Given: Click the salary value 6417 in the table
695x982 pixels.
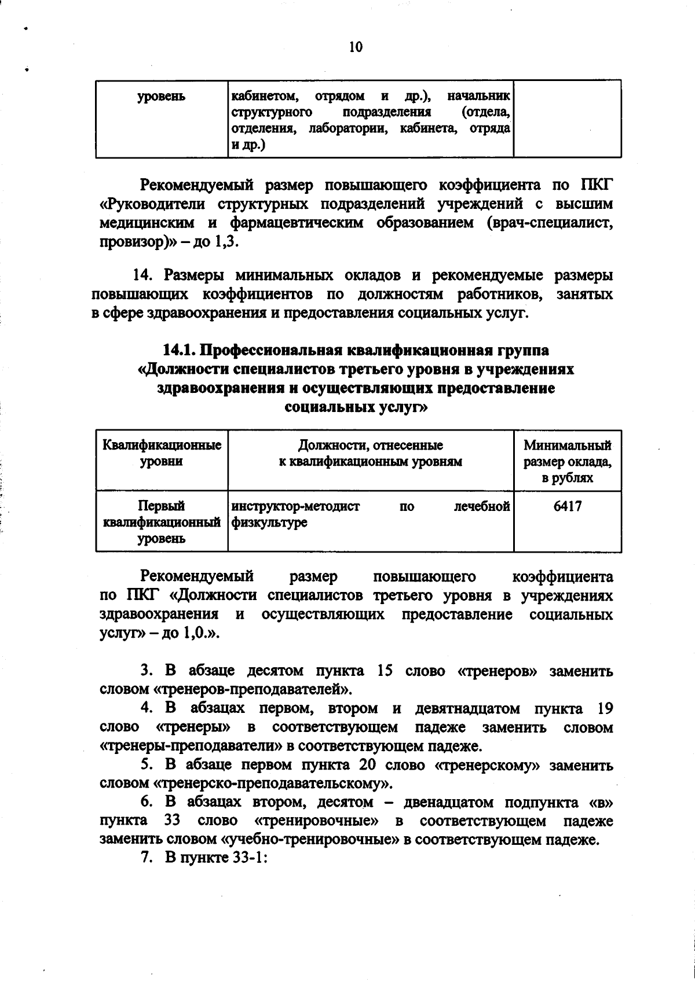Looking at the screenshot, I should [x=568, y=506].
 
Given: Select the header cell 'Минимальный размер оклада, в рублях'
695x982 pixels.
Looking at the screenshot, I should [x=568, y=461].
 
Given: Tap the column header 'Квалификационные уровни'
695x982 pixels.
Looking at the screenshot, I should [x=162, y=453].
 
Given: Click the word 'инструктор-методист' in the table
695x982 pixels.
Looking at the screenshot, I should [x=295, y=507].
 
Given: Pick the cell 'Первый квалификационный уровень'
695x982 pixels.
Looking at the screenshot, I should [x=162, y=523].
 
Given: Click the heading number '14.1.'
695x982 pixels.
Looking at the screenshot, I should [x=180, y=351].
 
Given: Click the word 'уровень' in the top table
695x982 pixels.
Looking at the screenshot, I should [x=162, y=97].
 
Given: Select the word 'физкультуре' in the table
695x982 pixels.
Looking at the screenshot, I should [x=269, y=523].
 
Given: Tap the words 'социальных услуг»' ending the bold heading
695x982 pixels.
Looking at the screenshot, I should [x=356, y=407].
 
